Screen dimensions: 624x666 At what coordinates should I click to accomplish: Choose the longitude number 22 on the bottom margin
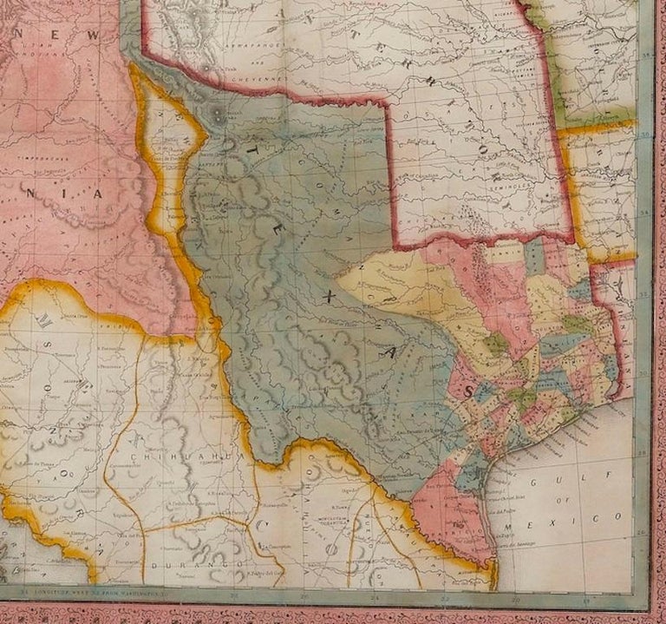pyautogui.click(x=445, y=598)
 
